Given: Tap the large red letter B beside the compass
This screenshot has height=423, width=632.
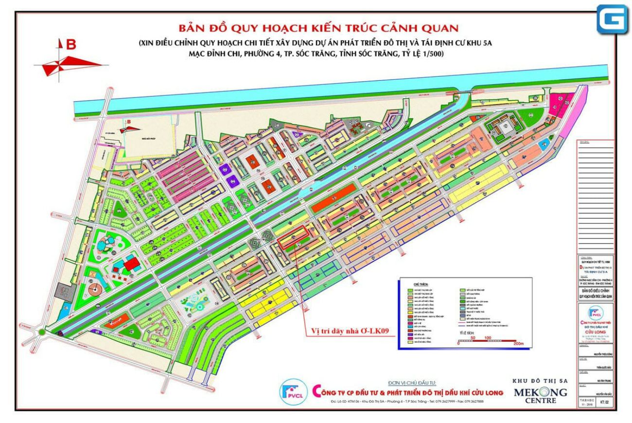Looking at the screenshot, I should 71,45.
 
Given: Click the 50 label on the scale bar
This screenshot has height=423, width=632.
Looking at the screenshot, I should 473,337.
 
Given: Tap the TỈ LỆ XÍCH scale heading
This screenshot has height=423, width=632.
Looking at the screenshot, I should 466,332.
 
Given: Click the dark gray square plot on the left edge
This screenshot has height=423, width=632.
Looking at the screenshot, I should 63,290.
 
